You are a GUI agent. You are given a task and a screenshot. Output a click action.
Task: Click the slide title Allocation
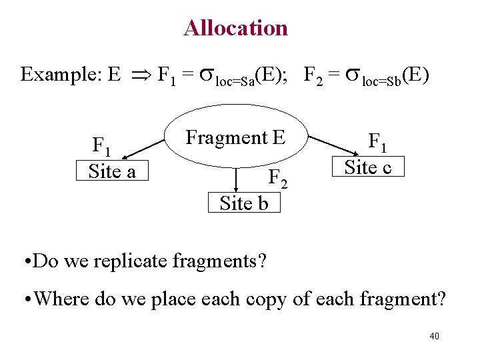coord(235,28)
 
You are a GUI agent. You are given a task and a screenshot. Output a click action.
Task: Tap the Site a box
coord(112,171)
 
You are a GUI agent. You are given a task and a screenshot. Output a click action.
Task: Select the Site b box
coord(244,203)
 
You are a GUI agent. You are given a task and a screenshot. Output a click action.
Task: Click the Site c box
coord(367,167)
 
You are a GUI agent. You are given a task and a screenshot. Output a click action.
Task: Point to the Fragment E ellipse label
coord(235,138)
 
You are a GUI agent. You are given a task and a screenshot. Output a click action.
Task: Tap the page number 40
coord(434,336)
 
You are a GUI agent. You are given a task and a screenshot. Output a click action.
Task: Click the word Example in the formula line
coord(60,74)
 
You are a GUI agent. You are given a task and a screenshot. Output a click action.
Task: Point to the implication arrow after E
coord(139,75)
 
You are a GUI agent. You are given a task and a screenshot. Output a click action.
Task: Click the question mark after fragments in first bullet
coord(262,260)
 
